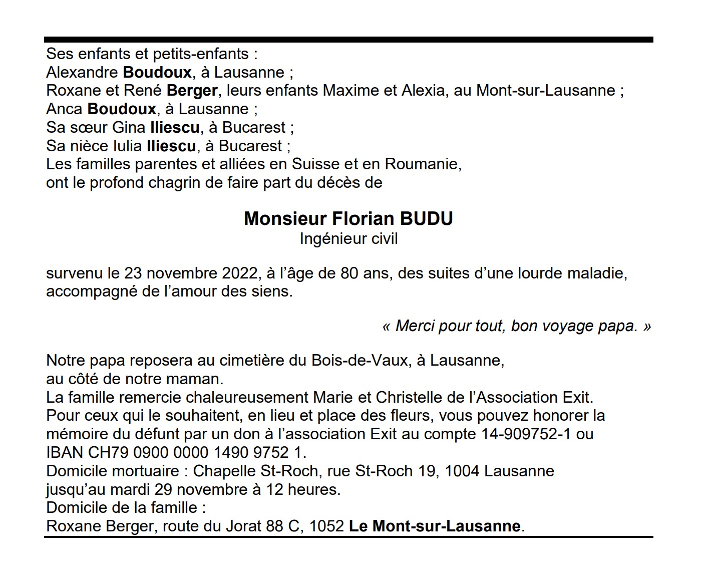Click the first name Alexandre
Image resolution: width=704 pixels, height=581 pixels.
(82, 73)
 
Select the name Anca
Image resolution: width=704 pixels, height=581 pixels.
(64, 109)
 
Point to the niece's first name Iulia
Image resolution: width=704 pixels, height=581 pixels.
(128, 146)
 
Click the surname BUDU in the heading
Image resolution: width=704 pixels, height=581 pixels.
(426, 219)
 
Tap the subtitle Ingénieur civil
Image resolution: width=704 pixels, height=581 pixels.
(348, 238)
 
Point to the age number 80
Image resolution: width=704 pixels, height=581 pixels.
(349, 273)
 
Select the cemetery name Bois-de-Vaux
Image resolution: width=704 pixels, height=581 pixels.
(360, 361)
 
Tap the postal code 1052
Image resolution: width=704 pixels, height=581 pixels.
(326, 526)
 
